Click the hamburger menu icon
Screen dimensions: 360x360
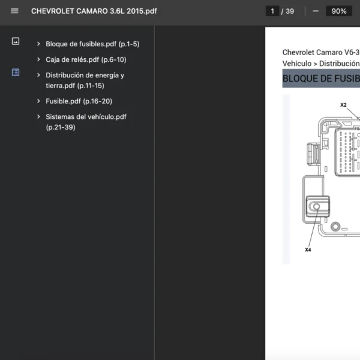[x=14, y=11]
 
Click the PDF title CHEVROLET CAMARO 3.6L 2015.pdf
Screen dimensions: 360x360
[x=94, y=11]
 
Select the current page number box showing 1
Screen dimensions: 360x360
[x=272, y=11]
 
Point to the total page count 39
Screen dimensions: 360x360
[x=290, y=11]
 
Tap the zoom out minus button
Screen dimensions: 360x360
[x=316, y=11]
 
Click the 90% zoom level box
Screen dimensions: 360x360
[x=339, y=11]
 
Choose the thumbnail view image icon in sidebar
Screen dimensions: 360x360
[x=16, y=41]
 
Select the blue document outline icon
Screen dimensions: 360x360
[x=16, y=73]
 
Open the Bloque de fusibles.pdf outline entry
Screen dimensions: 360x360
[x=92, y=44]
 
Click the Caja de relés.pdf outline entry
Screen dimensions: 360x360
[x=86, y=59]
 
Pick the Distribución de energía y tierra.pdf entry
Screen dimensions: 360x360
[x=85, y=80]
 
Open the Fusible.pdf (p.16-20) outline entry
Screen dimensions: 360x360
[x=79, y=101]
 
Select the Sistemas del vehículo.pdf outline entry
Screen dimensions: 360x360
[x=86, y=122]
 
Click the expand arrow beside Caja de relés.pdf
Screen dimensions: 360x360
[x=38, y=59]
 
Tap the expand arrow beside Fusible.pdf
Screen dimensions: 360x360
[x=38, y=101]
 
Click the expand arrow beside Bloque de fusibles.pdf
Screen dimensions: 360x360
[x=38, y=44]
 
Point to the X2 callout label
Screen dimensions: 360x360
[x=343, y=105]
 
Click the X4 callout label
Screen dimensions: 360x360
[x=308, y=250]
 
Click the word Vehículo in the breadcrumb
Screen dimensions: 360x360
[x=297, y=64]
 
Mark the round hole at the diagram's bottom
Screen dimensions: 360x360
[x=335, y=227]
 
